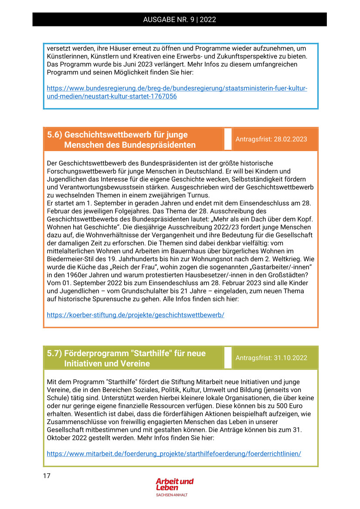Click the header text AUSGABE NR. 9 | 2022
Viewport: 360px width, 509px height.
click(x=180, y=20)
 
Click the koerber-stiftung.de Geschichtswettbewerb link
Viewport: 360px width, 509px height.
click(x=136, y=314)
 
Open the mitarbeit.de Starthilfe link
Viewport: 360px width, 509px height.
click(x=174, y=454)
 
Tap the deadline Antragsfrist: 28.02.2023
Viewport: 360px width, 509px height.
click(x=271, y=139)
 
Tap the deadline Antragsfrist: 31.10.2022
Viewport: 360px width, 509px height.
click(x=271, y=358)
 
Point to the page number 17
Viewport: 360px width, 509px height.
click(x=47, y=475)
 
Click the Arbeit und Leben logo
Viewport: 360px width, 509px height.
click(x=174, y=484)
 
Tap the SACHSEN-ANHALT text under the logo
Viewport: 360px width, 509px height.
click(x=172, y=495)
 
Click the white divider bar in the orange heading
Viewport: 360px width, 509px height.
click(x=228, y=139)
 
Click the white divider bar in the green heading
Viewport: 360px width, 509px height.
click(x=228, y=357)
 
